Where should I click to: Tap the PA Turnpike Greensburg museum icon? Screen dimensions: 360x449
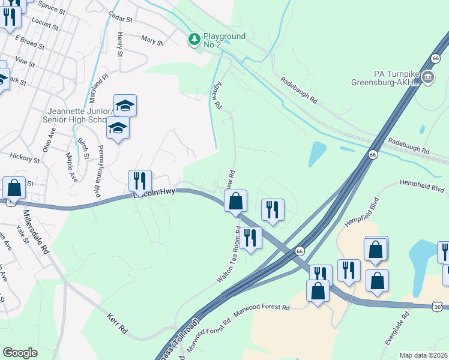click(x=428, y=76)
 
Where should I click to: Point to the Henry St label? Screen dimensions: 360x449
click(x=119, y=45)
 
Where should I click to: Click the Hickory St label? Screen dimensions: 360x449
click(x=25, y=158)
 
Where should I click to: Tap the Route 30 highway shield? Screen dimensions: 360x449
click(x=438, y=307)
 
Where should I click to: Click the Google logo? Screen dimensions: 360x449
click(x=20, y=353)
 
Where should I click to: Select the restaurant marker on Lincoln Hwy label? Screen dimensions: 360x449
click(x=140, y=180)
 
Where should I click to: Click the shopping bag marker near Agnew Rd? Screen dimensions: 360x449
click(x=236, y=200)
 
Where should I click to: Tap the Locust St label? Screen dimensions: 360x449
click(x=46, y=24)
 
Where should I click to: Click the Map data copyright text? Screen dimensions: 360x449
click(x=424, y=355)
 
